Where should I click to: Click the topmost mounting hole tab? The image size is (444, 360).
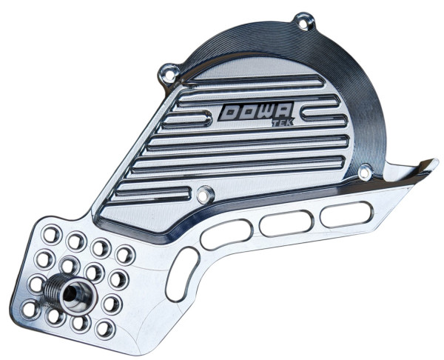(x=300, y=19)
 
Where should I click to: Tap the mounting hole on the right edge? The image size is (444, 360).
(x=364, y=173)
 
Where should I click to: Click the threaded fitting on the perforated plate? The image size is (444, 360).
(x=66, y=291)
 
